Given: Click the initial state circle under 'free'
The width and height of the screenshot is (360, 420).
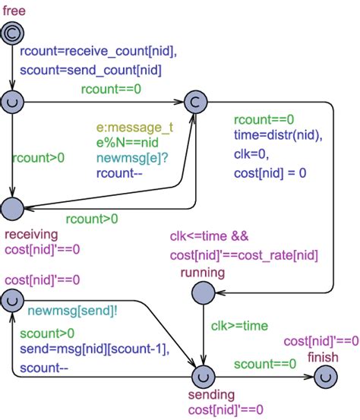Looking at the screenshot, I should (x=13, y=32).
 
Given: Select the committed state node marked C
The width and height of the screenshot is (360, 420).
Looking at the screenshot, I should (x=194, y=100).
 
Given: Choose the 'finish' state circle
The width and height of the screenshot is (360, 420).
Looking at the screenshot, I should (x=325, y=376).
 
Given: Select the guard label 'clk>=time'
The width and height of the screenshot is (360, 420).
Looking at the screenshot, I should (x=240, y=326).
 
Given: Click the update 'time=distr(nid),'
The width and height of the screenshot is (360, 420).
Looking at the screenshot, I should (x=278, y=135).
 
